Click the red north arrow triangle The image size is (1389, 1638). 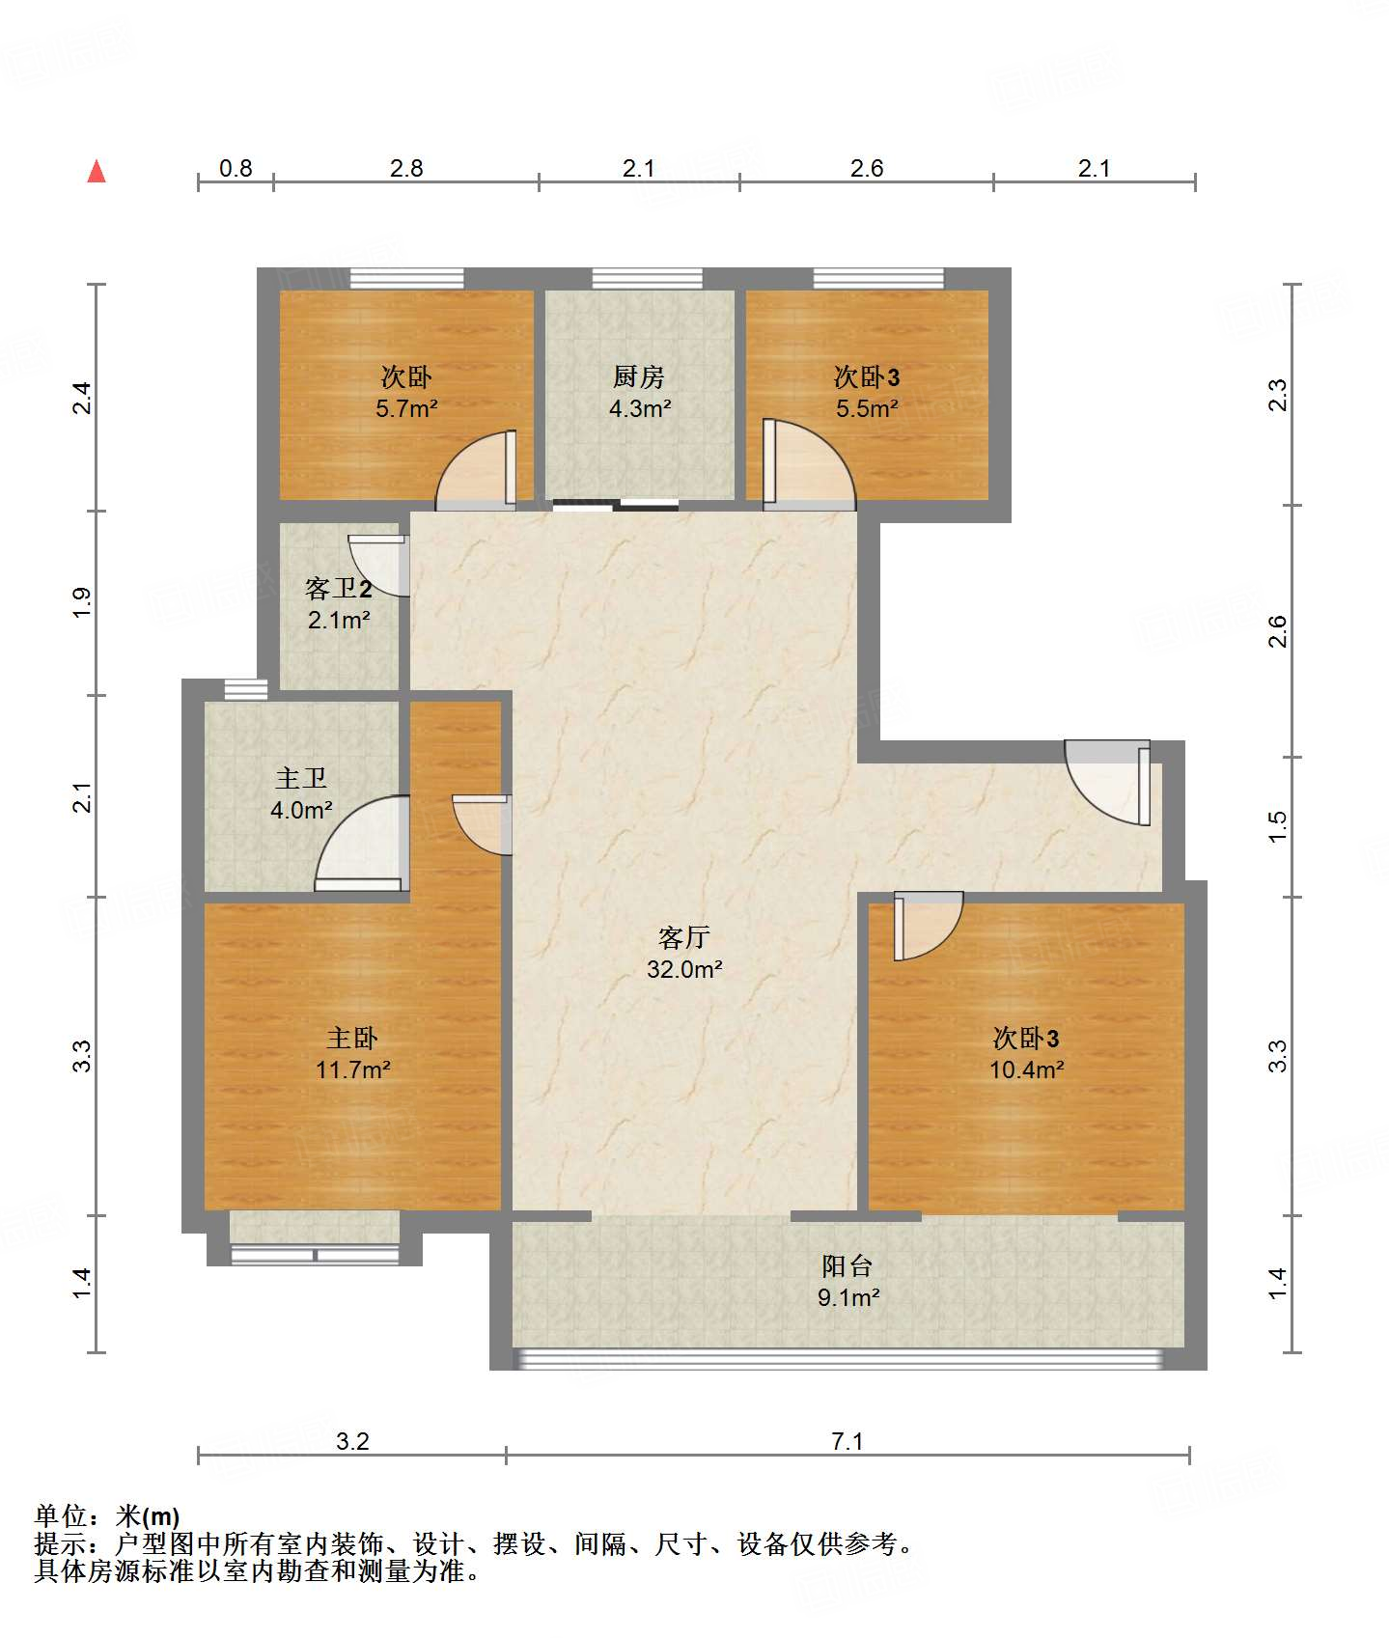(x=97, y=171)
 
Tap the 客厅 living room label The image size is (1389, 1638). (x=684, y=936)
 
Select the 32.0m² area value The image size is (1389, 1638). (x=684, y=969)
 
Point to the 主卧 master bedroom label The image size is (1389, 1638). (x=352, y=1038)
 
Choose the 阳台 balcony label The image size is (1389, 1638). (x=847, y=1265)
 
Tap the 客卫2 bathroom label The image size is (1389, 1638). (x=338, y=588)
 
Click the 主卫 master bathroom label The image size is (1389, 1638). (x=301, y=777)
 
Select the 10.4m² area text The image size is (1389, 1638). (x=1026, y=1069)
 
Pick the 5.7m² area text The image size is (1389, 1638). (x=406, y=408)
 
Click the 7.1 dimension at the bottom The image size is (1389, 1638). (x=847, y=1441)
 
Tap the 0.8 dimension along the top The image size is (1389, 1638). (x=236, y=168)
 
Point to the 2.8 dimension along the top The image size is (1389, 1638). (x=406, y=168)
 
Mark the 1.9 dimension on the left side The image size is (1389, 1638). (x=82, y=603)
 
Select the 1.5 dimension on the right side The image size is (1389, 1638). (x=1277, y=826)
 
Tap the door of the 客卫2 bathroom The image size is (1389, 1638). (x=378, y=566)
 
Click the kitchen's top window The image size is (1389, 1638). (x=647, y=278)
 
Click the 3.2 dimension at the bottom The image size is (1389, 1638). (x=352, y=1441)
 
